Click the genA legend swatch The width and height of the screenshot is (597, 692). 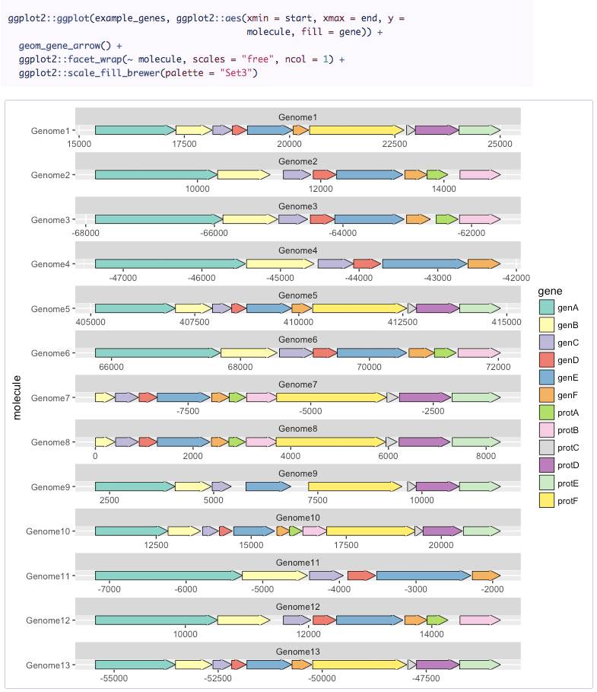tap(546, 308)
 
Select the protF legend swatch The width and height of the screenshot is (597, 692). tap(546, 500)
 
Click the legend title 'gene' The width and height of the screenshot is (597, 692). tap(549, 291)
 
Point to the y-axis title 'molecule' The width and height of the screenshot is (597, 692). tap(17, 397)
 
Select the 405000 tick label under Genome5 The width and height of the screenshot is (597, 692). tap(91, 322)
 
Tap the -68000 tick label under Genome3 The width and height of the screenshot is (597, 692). tap(86, 233)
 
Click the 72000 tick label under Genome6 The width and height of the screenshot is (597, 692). tap(498, 367)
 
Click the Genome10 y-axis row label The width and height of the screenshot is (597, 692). tap(48, 531)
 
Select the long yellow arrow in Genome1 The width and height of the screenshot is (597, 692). tap(356, 131)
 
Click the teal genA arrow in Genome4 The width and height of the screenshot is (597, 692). tap(170, 264)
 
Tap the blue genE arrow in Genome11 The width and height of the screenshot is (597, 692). tap(422, 576)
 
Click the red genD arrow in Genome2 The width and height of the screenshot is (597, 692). tap(323, 175)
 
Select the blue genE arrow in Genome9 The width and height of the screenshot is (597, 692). tap(268, 486)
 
